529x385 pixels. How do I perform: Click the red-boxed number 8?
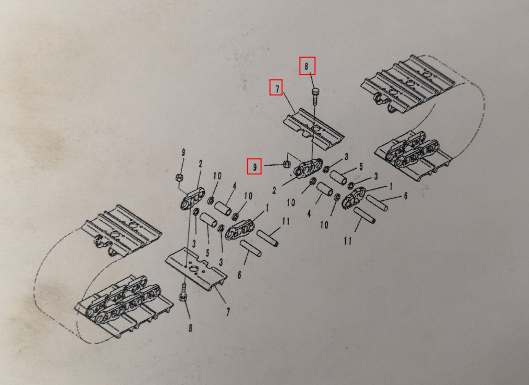click(306, 66)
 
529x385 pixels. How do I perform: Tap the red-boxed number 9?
click(255, 166)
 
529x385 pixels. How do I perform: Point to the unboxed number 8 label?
click(190, 327)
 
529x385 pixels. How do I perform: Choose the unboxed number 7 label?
click(228, 312)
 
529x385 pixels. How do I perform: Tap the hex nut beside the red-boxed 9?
click(287, 164)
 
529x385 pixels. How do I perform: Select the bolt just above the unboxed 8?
click(183, 292)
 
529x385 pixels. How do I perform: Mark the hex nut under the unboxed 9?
click(179, 177)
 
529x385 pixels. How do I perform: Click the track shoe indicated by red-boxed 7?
click(313, 130)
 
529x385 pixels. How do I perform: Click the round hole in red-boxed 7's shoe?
click(317, 129)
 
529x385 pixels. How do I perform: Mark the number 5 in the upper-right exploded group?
click(361, 166)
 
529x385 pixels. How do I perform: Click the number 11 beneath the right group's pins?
click(348, 241)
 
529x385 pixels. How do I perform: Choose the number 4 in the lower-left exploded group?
click(234, 186)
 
